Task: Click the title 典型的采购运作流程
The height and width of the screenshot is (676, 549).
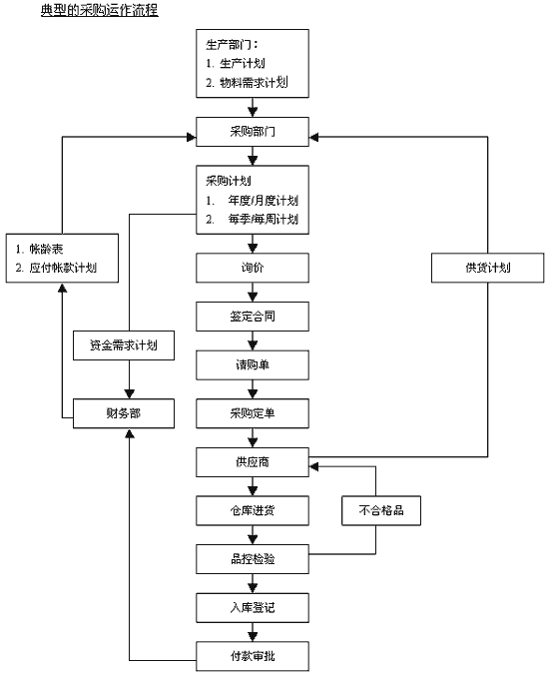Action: point(100,9)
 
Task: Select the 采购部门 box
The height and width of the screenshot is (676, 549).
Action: point(253,132)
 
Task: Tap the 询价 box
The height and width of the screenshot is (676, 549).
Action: point(253,268)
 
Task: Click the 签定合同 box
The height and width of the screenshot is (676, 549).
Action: point(253,317)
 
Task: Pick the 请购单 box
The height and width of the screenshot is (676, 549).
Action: point(253,365)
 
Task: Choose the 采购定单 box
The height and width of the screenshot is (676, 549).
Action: point(253,413)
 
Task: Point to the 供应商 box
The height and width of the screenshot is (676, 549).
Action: point(253,462)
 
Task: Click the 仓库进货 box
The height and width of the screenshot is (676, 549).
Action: point(253,510)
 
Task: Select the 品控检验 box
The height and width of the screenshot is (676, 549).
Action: point(253,559)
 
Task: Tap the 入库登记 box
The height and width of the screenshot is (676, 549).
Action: point(253,608)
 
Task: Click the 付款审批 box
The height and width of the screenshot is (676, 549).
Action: point(253,656)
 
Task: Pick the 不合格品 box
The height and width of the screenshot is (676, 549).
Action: point(381,510)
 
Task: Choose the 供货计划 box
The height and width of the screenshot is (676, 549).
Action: point(488,268)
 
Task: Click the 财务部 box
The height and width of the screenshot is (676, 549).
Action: point(124,413)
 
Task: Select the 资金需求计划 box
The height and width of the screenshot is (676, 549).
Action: point(124,345)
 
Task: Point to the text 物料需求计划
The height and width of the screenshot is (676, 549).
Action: point(254,82)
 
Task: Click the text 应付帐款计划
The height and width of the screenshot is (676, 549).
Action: point(63,268)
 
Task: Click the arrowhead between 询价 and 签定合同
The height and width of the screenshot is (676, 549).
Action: point(253,297)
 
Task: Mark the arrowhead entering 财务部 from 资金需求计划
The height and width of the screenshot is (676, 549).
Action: point(130,393)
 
